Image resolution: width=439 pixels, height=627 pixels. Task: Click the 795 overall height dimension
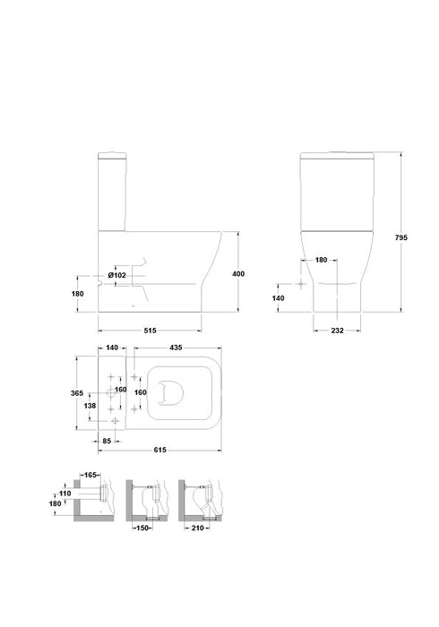click(400, 237)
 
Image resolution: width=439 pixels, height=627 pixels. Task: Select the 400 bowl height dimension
click(238, 274)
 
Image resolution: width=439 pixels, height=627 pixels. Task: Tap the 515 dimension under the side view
click(150, 331)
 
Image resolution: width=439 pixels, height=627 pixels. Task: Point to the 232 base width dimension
click(337, 331)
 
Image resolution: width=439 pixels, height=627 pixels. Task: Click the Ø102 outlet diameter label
click(117, 275)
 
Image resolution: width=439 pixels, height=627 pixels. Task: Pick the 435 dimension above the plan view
click(176, 348)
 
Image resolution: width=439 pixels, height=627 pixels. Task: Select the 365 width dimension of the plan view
click(77, 393)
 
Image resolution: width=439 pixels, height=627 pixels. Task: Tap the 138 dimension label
click(90, 406)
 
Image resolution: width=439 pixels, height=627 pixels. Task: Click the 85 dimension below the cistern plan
click(107, 441)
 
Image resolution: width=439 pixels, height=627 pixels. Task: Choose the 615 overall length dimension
click(159, 450)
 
